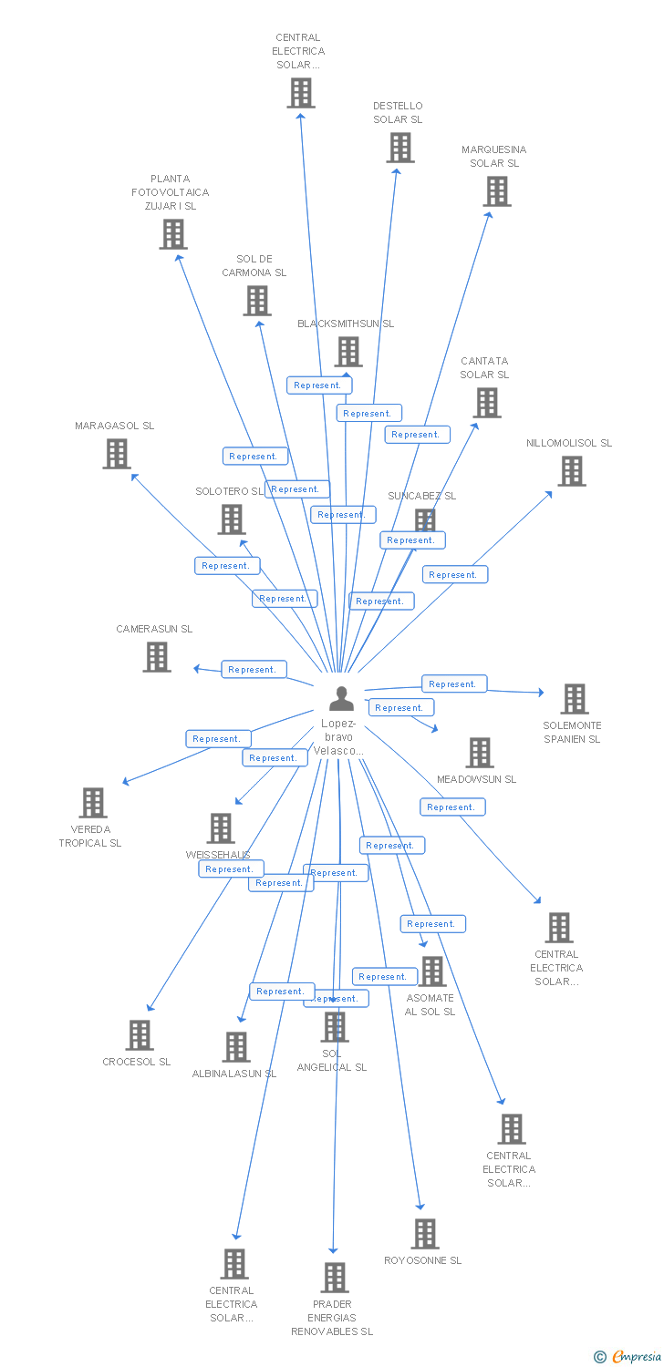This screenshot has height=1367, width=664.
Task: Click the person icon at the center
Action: click(341, 698)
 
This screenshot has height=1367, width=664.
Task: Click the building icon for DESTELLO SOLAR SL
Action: click(399, 148)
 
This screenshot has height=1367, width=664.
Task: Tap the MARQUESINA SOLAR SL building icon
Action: click(496, 191)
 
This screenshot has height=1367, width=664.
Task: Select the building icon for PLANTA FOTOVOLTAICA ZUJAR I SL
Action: click(172, 234)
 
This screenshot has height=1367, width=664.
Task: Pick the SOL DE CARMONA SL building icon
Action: click(257, 301)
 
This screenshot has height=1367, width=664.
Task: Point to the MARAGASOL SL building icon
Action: click(116, 454)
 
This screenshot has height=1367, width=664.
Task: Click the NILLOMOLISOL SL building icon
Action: click(571, 471)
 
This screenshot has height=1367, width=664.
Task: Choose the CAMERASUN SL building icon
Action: click(156, 657)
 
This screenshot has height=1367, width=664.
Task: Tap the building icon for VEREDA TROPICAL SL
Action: click(92, 803)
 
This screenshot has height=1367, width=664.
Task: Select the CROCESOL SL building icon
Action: click(139, 1035)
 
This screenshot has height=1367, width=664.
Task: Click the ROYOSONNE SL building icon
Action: click(424, 1234)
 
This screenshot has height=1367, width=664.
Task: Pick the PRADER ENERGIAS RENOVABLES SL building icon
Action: click(334, 1278)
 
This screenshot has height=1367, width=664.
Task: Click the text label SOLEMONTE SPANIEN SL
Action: click(572, 732)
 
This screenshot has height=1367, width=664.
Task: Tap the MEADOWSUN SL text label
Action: click(476, 779)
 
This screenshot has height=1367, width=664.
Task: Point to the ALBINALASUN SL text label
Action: click(234, 1074)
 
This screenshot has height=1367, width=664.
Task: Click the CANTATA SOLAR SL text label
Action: click(484, 367)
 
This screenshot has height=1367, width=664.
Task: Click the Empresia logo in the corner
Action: click(628, 1357)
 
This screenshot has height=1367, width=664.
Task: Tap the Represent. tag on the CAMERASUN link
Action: click(254, 670)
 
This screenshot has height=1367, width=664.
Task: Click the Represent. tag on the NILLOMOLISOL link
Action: click(454, 575)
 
